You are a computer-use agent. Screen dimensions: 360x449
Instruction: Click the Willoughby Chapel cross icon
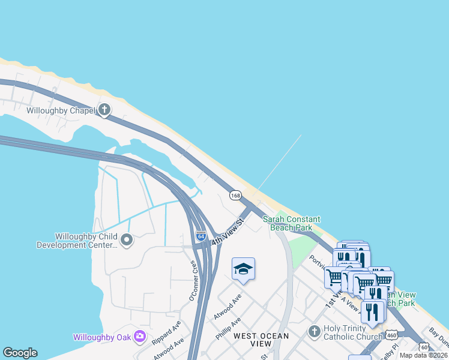click(104, 110)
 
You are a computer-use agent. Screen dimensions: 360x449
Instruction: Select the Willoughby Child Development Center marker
click(127, 241)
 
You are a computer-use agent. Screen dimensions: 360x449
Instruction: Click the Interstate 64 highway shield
click(201, 236)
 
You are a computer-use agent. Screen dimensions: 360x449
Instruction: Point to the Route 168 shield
click(235, 196)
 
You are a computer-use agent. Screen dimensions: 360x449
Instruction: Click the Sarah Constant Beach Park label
click(292, 224)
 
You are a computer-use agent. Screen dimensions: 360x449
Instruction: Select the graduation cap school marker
click(243, 269)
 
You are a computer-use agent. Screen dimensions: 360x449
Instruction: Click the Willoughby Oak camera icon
click(140, 336)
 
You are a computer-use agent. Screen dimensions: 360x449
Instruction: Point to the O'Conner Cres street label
click(193, 281)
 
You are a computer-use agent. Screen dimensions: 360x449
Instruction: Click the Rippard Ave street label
click(167, 331)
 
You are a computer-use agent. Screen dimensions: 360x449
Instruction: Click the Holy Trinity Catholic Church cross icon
click(314, 332)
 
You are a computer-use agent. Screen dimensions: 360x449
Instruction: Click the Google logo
click(20, 353)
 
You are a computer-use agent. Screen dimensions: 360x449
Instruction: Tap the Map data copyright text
click(424, 355)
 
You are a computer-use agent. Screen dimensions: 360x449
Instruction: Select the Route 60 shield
click(424, 346)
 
